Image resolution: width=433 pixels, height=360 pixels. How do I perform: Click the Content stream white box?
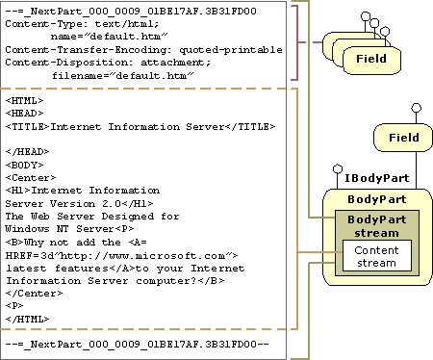377,256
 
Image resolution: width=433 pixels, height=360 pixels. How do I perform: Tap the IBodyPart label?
377,178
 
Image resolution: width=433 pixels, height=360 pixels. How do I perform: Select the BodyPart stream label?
377,226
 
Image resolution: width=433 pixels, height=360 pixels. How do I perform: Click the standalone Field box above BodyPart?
403,138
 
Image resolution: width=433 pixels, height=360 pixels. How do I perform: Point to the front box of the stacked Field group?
371,60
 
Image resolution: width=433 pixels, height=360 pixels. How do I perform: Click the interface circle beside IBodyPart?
338,168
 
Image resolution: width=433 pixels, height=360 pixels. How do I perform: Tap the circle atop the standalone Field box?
417,108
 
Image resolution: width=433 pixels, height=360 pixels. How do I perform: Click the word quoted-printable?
231,50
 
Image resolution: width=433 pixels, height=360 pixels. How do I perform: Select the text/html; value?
127,24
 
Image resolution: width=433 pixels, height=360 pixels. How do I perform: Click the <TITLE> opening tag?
28,127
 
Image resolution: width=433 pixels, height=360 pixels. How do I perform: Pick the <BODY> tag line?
24,166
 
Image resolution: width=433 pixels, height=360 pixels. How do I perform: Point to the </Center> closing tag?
34,294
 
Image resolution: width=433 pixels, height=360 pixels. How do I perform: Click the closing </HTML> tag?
28,320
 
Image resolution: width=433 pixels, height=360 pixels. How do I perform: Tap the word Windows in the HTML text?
27,229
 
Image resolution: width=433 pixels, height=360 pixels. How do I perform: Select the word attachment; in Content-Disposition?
175,63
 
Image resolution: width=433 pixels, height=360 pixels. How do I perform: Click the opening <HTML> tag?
24,101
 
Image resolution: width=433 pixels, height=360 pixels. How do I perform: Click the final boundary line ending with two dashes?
137,345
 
